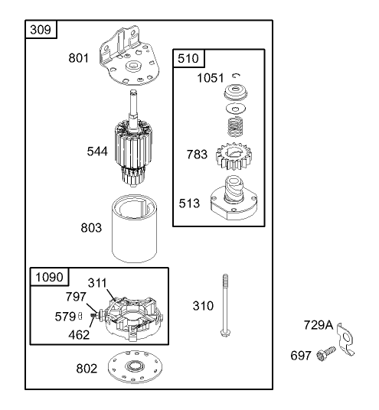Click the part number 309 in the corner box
(x=41, y=30)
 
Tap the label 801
(x=79, y=58)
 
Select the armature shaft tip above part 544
(x=133, y=92)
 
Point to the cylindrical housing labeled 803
(x=135, y=229)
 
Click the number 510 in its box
(x=188, y=58)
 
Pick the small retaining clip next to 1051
(x=237, y=76)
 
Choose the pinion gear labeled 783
(x=234, y=156)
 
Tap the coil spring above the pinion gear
(x=236, y=127)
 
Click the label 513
(x=189, y=203)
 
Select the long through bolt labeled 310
(x=225, y=305)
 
